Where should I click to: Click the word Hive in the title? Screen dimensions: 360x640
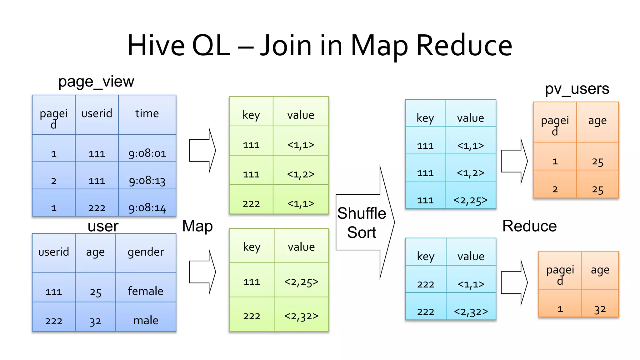[156, 46]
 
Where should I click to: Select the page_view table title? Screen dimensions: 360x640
[96, 82]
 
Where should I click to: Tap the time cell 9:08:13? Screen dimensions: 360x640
[147, 181]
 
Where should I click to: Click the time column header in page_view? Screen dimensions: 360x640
[147, 113]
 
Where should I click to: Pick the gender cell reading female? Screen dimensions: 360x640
[146, 291]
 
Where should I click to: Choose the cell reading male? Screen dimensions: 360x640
[146, 321]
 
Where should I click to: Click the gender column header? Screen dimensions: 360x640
[146, 252]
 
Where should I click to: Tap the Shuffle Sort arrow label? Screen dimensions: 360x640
[362, 222]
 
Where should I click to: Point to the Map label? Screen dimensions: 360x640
[197, 226]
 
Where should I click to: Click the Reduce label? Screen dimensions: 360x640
[529, 226]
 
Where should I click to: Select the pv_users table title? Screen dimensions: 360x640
[577, 89]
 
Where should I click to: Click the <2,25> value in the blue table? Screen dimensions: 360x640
[470, 200]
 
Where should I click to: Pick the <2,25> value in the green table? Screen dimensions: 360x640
[301, 282]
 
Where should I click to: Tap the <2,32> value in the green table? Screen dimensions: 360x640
[301, 316]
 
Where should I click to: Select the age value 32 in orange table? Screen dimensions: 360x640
[600, 309]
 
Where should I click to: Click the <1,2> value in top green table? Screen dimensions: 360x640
[301, 174]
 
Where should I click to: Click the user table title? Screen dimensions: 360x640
[103, 226]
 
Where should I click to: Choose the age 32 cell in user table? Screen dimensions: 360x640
[95, 321]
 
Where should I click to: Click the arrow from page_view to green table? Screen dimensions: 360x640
[202, 151]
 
